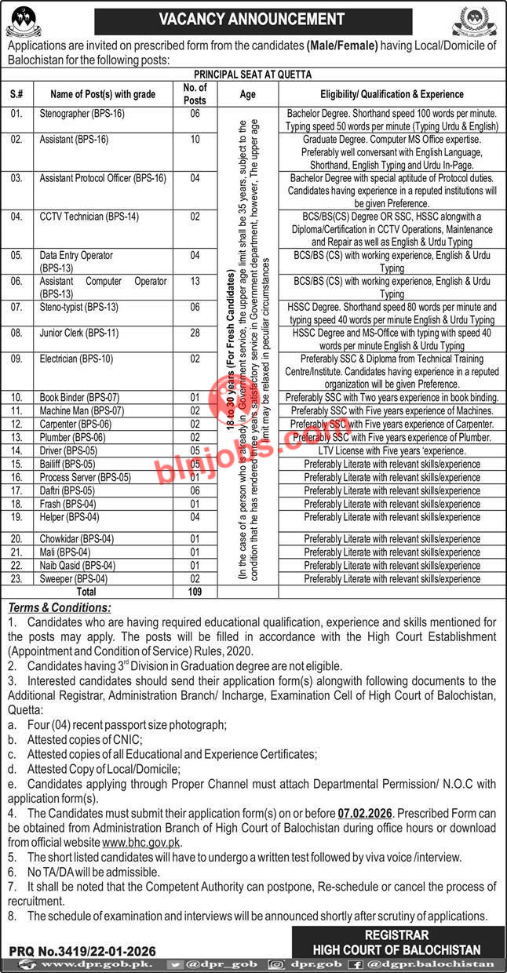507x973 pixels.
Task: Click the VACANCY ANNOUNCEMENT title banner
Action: [252, 19]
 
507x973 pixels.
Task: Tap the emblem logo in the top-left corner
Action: [26, 19]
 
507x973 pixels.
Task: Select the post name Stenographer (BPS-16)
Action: [82, 114]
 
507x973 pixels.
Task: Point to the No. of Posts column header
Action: [195, 94]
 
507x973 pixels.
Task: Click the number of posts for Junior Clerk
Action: [195, 333]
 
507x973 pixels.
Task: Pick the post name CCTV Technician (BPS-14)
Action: [87, 217]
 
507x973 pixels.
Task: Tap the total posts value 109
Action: [195, 592]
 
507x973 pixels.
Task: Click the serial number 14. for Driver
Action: [17, 450]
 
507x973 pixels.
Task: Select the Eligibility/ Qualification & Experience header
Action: [392, 94]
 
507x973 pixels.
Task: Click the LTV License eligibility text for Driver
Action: [392, 451]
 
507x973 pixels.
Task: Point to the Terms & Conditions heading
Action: [60, 607]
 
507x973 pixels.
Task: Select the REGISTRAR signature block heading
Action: [396, 935]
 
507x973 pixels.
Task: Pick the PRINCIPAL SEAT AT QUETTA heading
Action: [253, 75]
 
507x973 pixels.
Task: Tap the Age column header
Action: [248, 94]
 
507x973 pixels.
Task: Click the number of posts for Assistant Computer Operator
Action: [195, 281]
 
